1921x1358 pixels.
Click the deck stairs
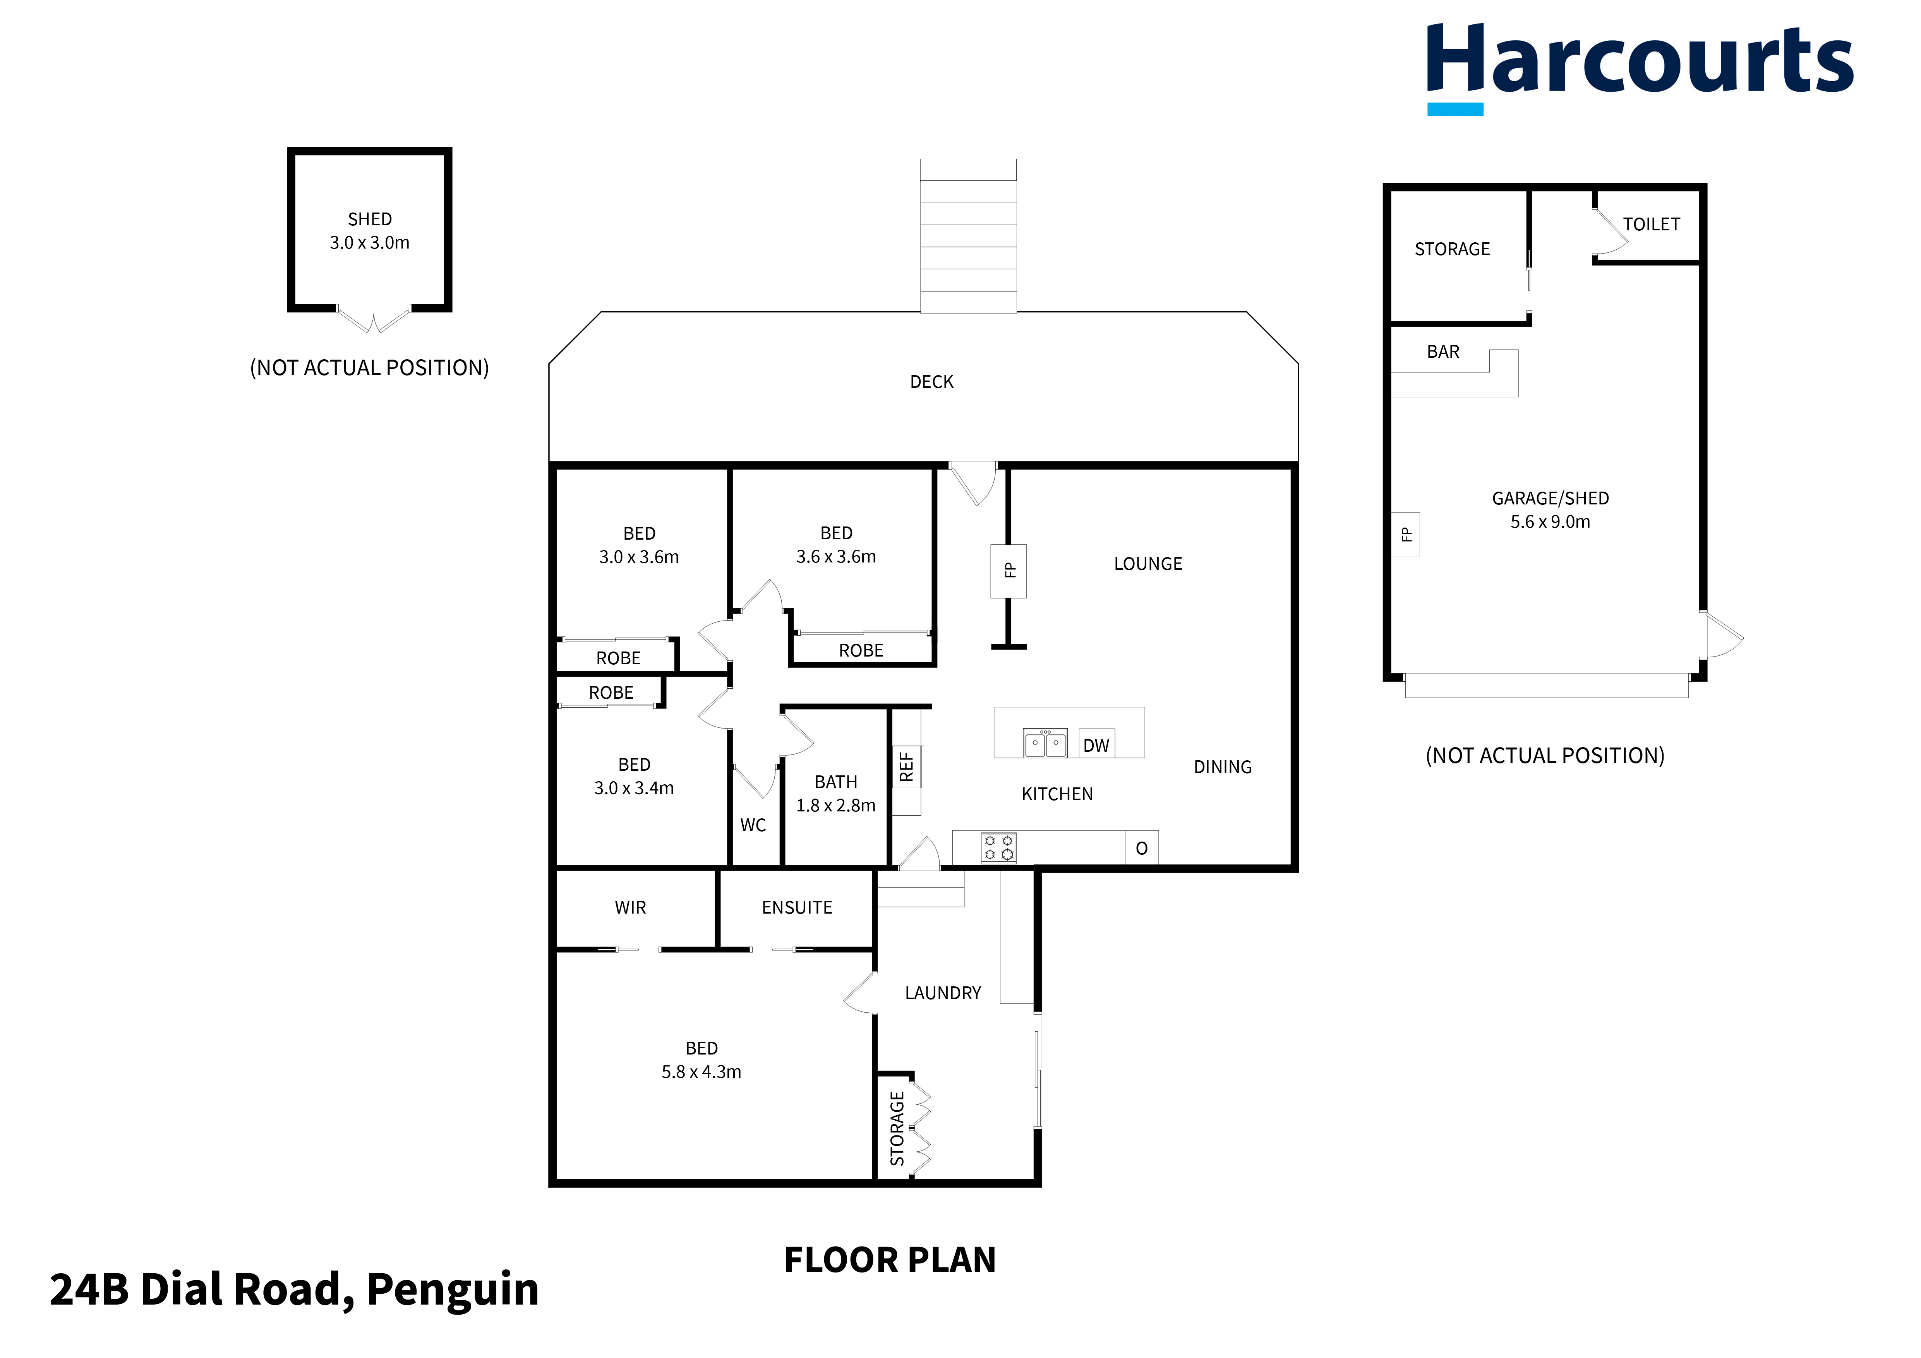(968, 236)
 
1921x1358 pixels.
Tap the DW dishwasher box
(1096, 745)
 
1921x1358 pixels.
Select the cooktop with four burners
(998, 848)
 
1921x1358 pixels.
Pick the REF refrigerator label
(906, 766)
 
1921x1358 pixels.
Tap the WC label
(753, 825)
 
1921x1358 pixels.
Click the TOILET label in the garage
(1651, 224)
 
